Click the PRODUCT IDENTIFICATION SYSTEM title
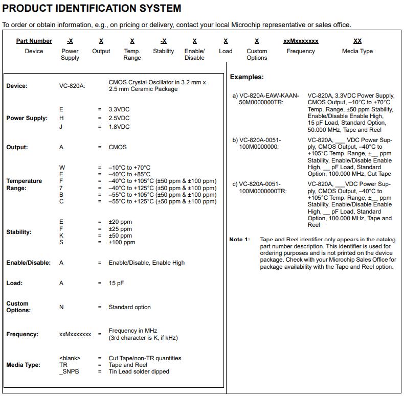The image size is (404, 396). pos(92,8)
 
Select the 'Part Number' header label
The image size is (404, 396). pos(34,41)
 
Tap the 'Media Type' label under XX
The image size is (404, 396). pos(357,51)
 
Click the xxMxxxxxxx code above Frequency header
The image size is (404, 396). pos(301,41)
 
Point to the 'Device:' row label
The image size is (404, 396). pos(17,86)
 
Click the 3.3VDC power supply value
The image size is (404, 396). pos(119,109)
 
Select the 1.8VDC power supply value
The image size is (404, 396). pos(119,127)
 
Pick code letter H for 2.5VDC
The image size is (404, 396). pos(61,118)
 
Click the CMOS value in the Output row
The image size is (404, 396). pos(118,147)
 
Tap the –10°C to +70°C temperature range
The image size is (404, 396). pos(129,168)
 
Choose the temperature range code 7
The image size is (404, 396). pos(61,188)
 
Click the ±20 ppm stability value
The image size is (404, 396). pos(120,222)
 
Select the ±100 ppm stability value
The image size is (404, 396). pos(122,242)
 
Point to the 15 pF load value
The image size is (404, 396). pos(116,283)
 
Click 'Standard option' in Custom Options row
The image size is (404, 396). pos(129,307)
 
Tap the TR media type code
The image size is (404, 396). pos(63,365)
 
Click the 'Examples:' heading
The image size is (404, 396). pos(246,77)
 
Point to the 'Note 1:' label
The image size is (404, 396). pos(239,240)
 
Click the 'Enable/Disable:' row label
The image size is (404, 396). pos(28,263)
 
